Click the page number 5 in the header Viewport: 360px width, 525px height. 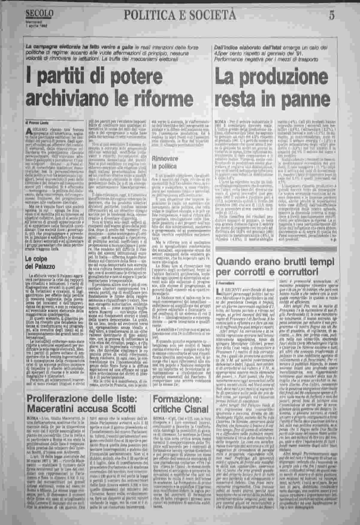(x=332, y=15)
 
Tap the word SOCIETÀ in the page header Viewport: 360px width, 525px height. (x=209, y=14)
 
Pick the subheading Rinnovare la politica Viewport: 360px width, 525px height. (x=164, y=162)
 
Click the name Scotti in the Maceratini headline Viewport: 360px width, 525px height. (x=122, y=409)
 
